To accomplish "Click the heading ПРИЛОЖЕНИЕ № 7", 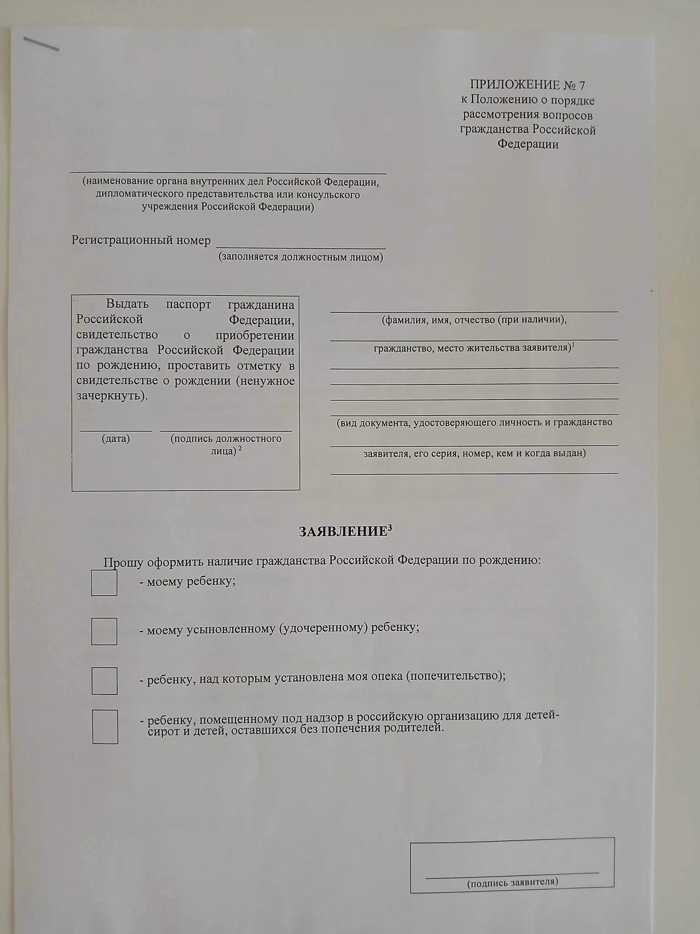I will click(x=527, y=85).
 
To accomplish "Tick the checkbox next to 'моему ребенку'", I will click(x=104, y=583).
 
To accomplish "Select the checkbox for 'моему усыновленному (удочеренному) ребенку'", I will click(x=104, y=632).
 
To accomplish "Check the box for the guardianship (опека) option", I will click(x=104, y=681).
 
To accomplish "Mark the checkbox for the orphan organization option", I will click(x=105, y=727).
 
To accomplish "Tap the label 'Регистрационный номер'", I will click(x=141, y=240).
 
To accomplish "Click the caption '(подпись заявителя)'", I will click(x=513, y=882).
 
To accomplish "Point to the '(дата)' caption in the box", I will click(x=115, y=439).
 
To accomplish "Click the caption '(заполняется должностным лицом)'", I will click(x=301, y=257).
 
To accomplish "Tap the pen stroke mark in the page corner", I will click(x=41, y=44).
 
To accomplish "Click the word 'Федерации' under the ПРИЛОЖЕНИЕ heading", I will click(x=528, y=145).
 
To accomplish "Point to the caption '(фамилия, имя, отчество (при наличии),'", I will click(x=474, y=320).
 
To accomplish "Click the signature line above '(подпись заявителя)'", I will click(x=512, y=872).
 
